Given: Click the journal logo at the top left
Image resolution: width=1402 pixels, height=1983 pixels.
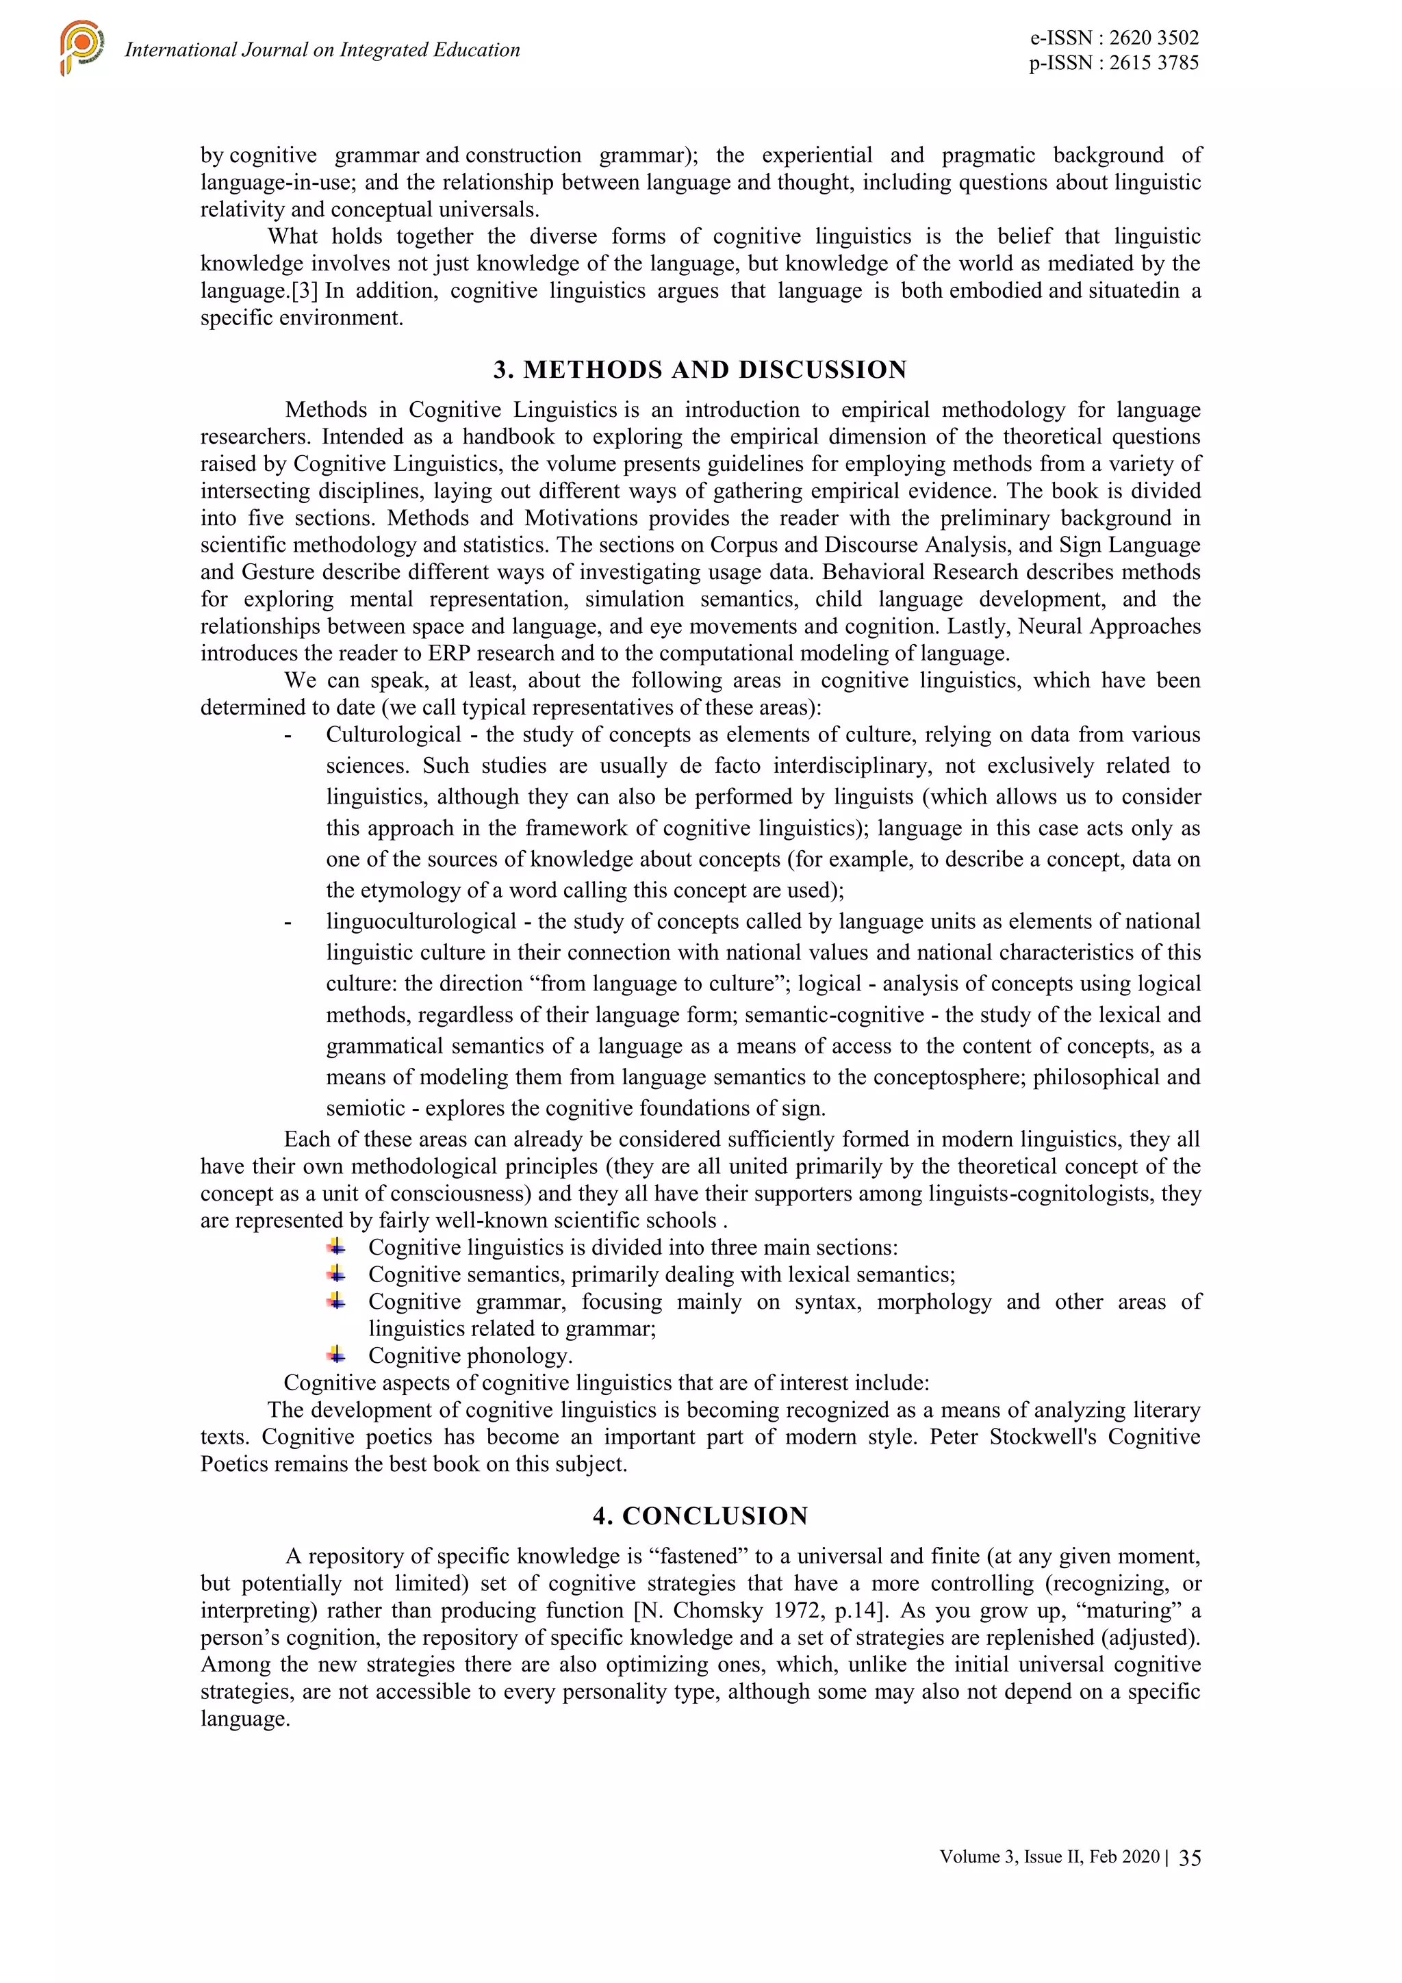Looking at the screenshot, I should coord(82,47).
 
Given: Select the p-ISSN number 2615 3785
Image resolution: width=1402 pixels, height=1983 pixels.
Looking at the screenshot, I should coord(1154,62).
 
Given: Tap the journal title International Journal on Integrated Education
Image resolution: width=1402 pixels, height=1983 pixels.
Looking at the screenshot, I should coord(322,50).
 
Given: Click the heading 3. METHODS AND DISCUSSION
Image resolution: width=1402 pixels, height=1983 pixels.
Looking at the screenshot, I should coord(700,370).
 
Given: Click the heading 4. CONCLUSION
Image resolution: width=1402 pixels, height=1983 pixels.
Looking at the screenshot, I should coord(700,1515).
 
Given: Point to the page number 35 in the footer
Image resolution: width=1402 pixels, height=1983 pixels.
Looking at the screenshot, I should coord(1190,1858).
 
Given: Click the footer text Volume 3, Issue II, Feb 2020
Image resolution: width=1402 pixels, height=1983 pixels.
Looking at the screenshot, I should coord(1049,1857).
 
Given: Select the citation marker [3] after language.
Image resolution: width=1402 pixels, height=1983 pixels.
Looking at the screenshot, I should coord(305,291).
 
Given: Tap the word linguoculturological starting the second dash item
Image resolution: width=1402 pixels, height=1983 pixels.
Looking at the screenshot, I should coord(421,921).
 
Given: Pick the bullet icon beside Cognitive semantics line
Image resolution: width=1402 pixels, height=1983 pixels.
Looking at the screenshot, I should coord(336,1274).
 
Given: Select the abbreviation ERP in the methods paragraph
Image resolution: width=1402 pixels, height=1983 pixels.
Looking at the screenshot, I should coord(449,653).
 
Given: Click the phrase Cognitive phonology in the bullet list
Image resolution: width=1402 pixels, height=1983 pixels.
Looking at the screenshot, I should coord(470,1356).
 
